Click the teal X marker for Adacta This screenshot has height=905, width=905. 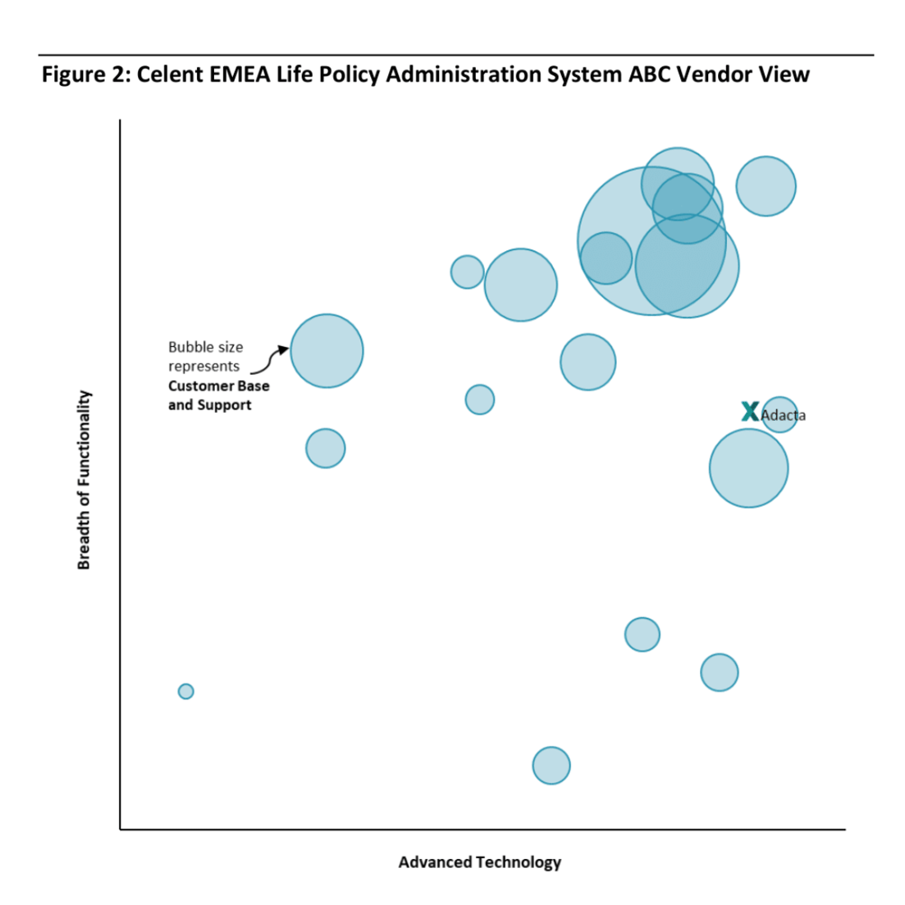pyautogui.click(x=750, y=411)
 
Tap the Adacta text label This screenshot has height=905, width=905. pyautogui.click(x=783, y=416)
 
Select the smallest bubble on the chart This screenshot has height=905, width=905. pyautogui.click(x=186, y=691)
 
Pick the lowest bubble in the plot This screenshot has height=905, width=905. pyautogui.click(x=551, y=766)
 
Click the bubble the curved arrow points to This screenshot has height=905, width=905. pyautogui.click(x=327, y=350)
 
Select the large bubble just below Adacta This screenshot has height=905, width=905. pyautogui.click(x=748, y=468)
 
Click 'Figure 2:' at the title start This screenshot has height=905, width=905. pyautogui.click(x=86, y=74)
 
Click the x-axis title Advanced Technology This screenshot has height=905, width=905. pyautogui.click(x=480, y=863)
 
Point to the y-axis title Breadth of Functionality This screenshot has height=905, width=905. pyautogui.click(x=85, y=480)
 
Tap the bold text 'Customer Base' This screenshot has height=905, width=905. pyautogui.click(x=219, y=387)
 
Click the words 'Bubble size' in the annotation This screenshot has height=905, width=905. pyautogui.click(x=205, y=348)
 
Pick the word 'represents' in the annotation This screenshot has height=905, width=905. pyautogui.click(x=204, y=367)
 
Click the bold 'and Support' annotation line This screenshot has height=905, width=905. pyautogui.click(x=210, y=406)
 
